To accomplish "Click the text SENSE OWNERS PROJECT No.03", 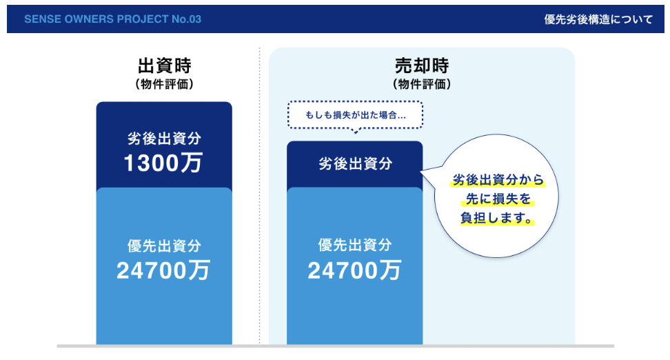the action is (x=112, y=19).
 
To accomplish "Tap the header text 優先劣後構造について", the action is (x=598, y=19).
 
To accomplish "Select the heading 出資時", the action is (x=165, y=66).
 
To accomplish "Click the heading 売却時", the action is (x=422, y=66).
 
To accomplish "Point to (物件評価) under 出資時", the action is (x=165, y=84).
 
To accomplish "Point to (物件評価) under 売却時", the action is (x=422, y=84).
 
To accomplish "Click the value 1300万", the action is (x=163, y=163).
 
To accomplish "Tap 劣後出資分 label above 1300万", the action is (x=165, y=138).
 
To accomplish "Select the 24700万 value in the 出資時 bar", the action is (x=163, y=270).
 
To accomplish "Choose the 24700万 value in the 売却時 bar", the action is (x=354, y=270).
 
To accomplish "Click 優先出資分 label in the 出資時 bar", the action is (x=165, y=246).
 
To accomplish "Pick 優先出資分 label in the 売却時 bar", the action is (x=355, y=245).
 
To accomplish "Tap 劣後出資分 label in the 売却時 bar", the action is (x=356, y=163).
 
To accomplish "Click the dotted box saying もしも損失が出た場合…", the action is (x=356, y=115).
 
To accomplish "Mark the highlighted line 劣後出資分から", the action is (x=498, y=180).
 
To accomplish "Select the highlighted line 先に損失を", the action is (x=498, y=199).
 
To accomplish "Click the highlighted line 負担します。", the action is (x=497, y=218).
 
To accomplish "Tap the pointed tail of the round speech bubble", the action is (x=421, y=172).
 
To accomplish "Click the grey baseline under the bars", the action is (x=336, y=346).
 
